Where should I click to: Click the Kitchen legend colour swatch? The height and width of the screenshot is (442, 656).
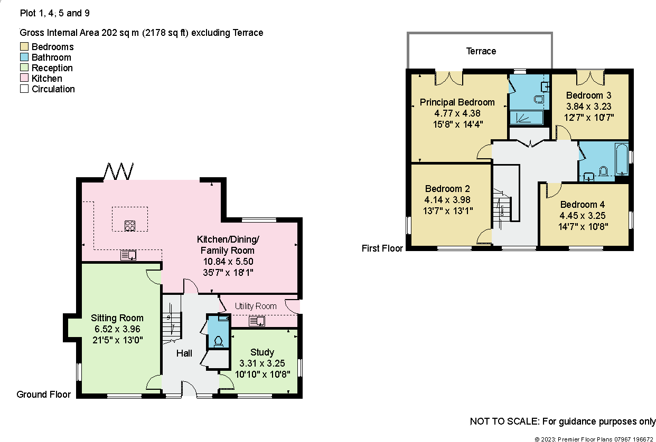tap(24, 79)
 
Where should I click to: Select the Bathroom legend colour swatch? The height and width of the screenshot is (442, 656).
tap(24, 57)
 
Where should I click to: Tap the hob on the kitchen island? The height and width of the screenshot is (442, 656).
tap(130, 226)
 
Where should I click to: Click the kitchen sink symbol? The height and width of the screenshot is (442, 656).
tap(129, 255)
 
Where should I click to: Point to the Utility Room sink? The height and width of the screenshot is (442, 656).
tap(257, 321)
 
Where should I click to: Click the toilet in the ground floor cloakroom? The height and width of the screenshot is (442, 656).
tap(218, 340)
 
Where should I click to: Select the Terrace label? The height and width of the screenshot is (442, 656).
tap(481, 51)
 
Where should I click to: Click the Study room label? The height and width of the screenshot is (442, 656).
tap(262, 352)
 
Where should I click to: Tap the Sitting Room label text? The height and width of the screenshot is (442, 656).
tap(117, 318)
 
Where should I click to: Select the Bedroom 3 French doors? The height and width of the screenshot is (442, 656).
tap(590, 78)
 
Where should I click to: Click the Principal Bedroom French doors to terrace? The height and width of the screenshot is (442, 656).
tap(449, 78)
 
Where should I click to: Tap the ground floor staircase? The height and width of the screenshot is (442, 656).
tap(171, 319)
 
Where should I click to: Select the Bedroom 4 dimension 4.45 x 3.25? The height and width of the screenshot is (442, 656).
tap(582, 215)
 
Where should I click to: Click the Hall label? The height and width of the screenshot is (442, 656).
tap(184, 353)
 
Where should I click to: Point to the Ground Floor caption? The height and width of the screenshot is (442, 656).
tap(44, 394)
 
